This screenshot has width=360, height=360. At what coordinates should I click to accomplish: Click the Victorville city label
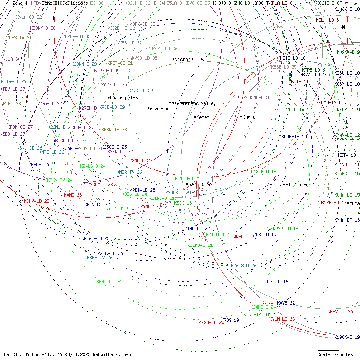click(189, 59)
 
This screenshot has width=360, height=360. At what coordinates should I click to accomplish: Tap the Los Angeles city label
click(123, 97)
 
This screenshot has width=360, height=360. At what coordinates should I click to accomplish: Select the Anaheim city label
click(159, 108)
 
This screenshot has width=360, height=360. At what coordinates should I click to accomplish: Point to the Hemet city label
click(203, 117)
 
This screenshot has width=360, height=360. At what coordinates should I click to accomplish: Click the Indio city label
click(249, 116)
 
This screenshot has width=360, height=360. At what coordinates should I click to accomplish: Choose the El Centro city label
click(297, 185)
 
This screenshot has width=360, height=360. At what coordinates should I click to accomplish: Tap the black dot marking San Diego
click(187, 184)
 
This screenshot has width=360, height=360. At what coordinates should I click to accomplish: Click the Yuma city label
click(354, 203)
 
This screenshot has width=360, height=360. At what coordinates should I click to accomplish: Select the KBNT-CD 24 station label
click(109, 282)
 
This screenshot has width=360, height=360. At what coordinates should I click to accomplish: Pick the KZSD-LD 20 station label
click(211, 322)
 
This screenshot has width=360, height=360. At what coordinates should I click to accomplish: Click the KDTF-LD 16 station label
click(275, 282)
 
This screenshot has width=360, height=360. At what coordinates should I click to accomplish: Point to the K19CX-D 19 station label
click(346, 337)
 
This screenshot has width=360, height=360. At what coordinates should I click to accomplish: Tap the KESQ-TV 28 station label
click(114, 130)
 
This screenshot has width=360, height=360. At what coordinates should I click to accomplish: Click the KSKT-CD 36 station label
click(165, 49)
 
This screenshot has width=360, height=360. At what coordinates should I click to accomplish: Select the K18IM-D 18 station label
click(263, 172)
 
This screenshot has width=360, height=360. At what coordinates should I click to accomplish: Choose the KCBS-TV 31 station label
click(19, 38)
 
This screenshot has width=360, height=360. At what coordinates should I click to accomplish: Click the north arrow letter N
click(343, 27)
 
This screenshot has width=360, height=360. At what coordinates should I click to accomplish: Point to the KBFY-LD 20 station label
click(340, 312)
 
